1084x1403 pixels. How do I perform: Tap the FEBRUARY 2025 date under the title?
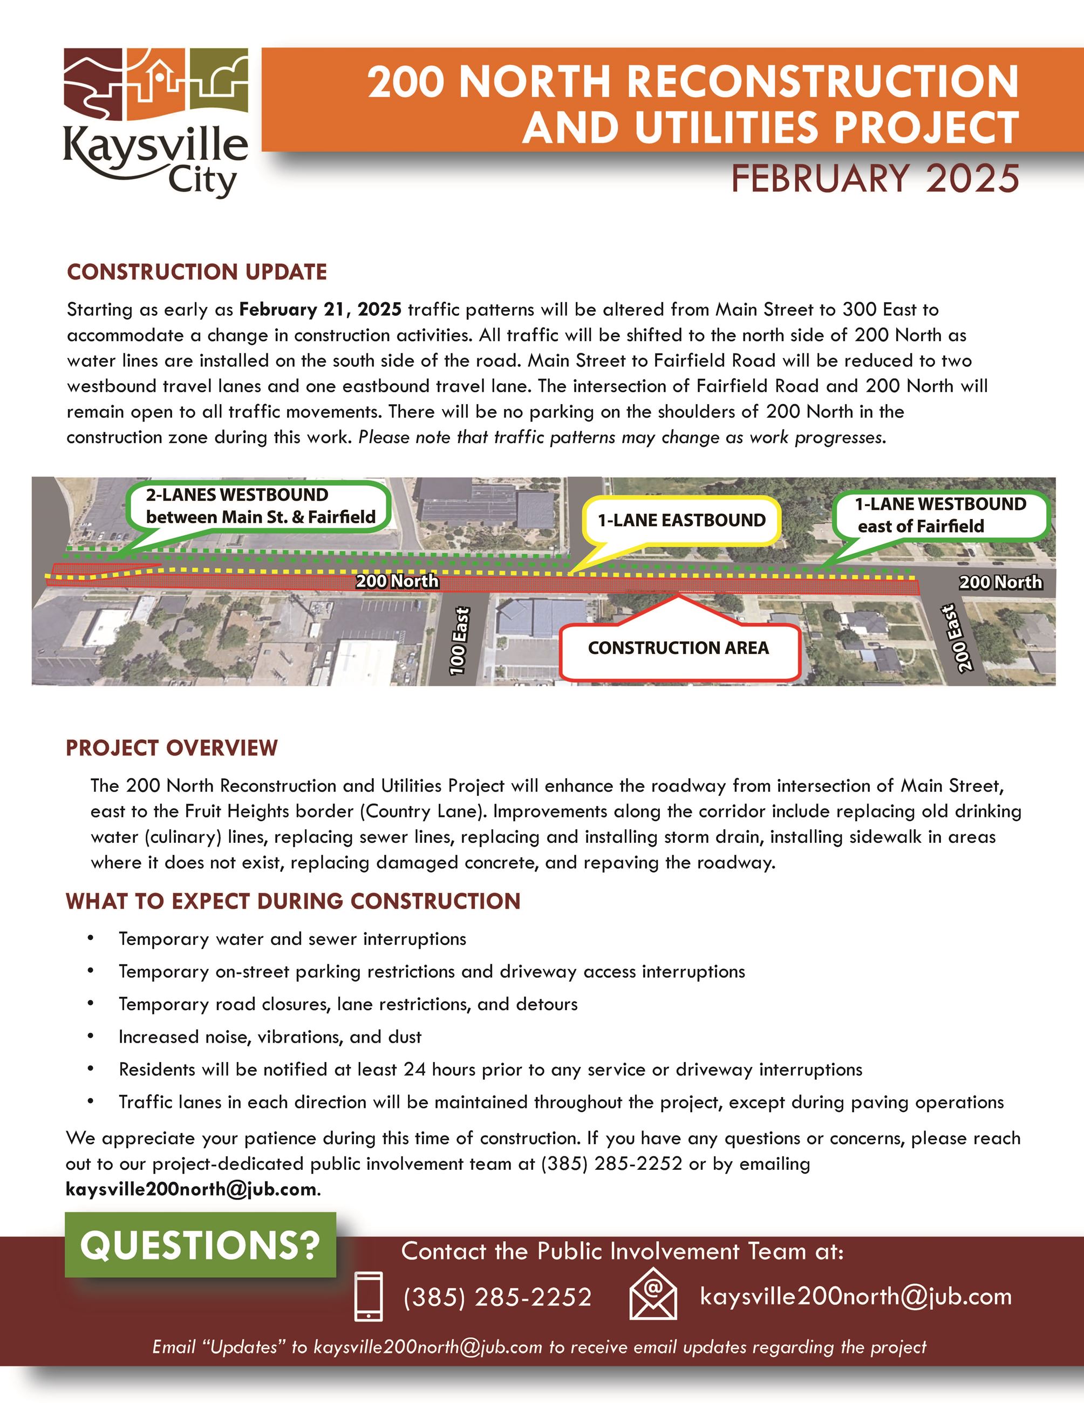coord(875,179)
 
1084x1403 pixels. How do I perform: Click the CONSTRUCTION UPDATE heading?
coord(196,272)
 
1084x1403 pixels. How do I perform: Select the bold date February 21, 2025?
coord(321,310)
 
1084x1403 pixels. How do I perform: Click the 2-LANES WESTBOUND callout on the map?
coord(260,506)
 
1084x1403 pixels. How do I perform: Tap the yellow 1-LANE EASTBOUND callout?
coord(681,520)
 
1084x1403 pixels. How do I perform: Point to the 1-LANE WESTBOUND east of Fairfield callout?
coord(940,515)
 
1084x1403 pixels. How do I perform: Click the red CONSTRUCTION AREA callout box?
coord(678,648)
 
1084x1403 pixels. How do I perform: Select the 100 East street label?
coord(459,641)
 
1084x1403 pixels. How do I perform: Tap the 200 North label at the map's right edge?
coord(1000,582)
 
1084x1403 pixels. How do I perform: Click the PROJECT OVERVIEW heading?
coord(172,748)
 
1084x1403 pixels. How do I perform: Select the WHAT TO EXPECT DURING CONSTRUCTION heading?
coord(293,901)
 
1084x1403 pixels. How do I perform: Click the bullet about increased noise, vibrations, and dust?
coord(270,1037)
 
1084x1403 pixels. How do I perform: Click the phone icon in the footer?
coord(369,1296)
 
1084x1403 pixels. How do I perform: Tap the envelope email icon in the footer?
coord(653,1295)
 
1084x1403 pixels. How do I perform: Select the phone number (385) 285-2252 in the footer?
coord(497,1298)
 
